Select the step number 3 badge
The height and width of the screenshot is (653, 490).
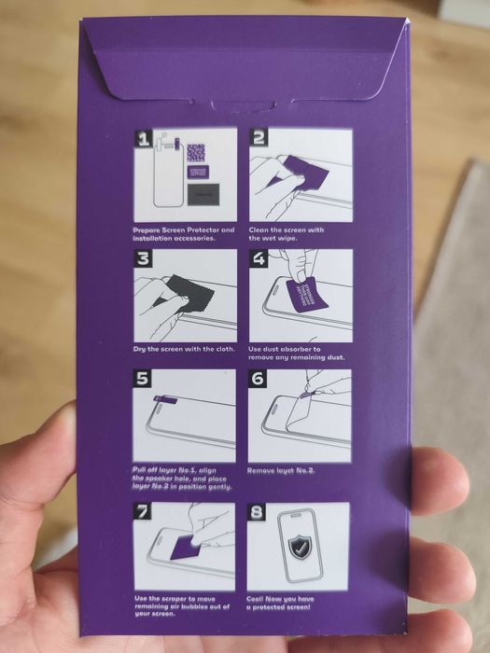(143, 259)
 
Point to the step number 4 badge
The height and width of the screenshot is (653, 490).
(258, 259)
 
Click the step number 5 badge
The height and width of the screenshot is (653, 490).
(142, 380)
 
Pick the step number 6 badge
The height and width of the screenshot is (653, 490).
(258, 380)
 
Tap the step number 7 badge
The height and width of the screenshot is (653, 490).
(142, 512)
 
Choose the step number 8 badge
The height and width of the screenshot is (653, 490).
(258, 512)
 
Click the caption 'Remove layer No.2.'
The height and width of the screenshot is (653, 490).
(283, 470)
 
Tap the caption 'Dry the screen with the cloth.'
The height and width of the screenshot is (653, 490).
(181, 349)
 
